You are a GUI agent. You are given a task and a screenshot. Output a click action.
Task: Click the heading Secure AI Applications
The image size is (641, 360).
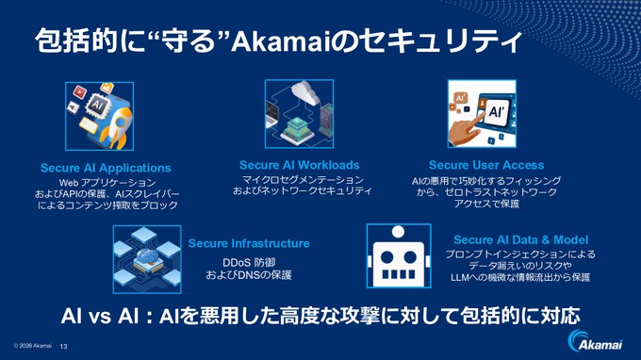click(106, 168)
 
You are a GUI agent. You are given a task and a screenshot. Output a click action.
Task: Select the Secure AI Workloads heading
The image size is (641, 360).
click(302, 164)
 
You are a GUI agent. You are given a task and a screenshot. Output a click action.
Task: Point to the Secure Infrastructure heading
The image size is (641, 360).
click(249, 243)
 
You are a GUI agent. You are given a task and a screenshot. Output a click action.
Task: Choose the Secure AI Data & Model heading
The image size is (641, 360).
click(519, 239)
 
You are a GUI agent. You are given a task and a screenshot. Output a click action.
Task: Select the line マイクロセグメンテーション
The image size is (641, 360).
click(302, 179)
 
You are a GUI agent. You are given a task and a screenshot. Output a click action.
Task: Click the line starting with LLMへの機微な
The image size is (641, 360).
click(519, 277)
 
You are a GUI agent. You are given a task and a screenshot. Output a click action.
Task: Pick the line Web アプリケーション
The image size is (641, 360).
click(106, 182)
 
